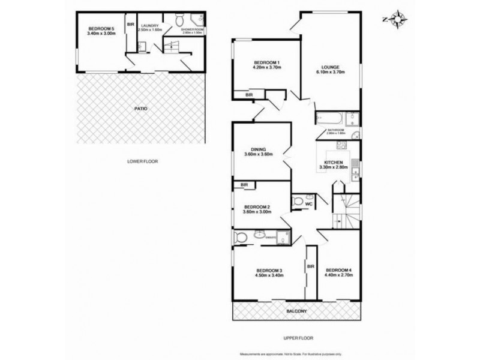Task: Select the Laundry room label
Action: [x=150, y=26]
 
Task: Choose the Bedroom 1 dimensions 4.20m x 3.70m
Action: [x=267, y=68]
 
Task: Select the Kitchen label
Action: [x=333, y=163]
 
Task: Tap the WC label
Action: [x=308, y=205]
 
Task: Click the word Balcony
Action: [x=296, y=310]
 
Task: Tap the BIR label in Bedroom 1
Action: [x=249, y=95]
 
